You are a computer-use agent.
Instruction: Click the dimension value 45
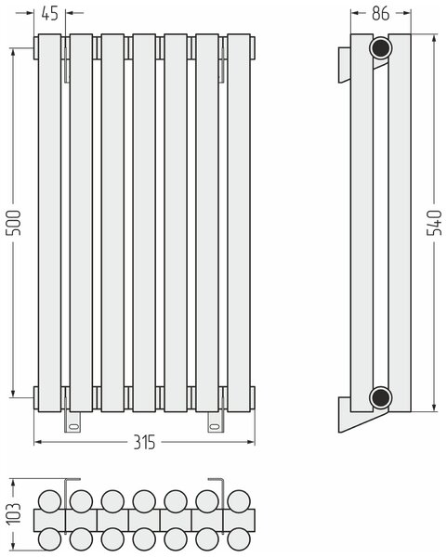[49, 14]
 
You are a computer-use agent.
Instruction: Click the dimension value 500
[15, 223]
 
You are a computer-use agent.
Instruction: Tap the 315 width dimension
[144, 442]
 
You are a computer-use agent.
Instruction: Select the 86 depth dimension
[381, 14]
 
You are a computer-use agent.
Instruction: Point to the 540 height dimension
[435, 223]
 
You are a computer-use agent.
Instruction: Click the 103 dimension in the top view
[14, 513]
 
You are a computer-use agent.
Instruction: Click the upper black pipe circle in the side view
[380, 48]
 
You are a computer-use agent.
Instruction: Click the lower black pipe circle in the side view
[380, 397]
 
